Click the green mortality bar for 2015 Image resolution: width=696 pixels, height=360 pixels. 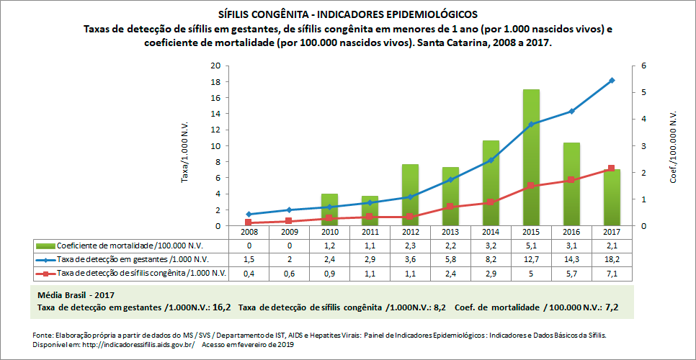click(531, 158)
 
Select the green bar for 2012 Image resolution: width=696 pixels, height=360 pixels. click(410, 195)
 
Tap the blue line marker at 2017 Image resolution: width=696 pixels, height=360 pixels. click(612, 80)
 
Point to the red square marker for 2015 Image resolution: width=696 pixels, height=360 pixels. click(531, 186)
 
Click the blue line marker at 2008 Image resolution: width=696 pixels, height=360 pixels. click(249, 214)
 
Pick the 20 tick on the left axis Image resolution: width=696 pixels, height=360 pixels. click(215, 66)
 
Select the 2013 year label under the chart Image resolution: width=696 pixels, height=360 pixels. click(450, 233)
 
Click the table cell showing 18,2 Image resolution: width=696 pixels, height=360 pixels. click(612, 259)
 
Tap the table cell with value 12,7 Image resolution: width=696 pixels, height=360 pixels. click(531, 259)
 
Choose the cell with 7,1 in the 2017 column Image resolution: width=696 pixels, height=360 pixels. click(612, 274)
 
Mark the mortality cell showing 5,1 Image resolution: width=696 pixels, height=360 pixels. click(531, 246)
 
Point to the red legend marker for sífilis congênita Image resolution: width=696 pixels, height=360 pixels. click(45, 274)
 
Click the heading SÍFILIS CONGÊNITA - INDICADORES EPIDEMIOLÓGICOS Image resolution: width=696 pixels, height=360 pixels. click(347, 14)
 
